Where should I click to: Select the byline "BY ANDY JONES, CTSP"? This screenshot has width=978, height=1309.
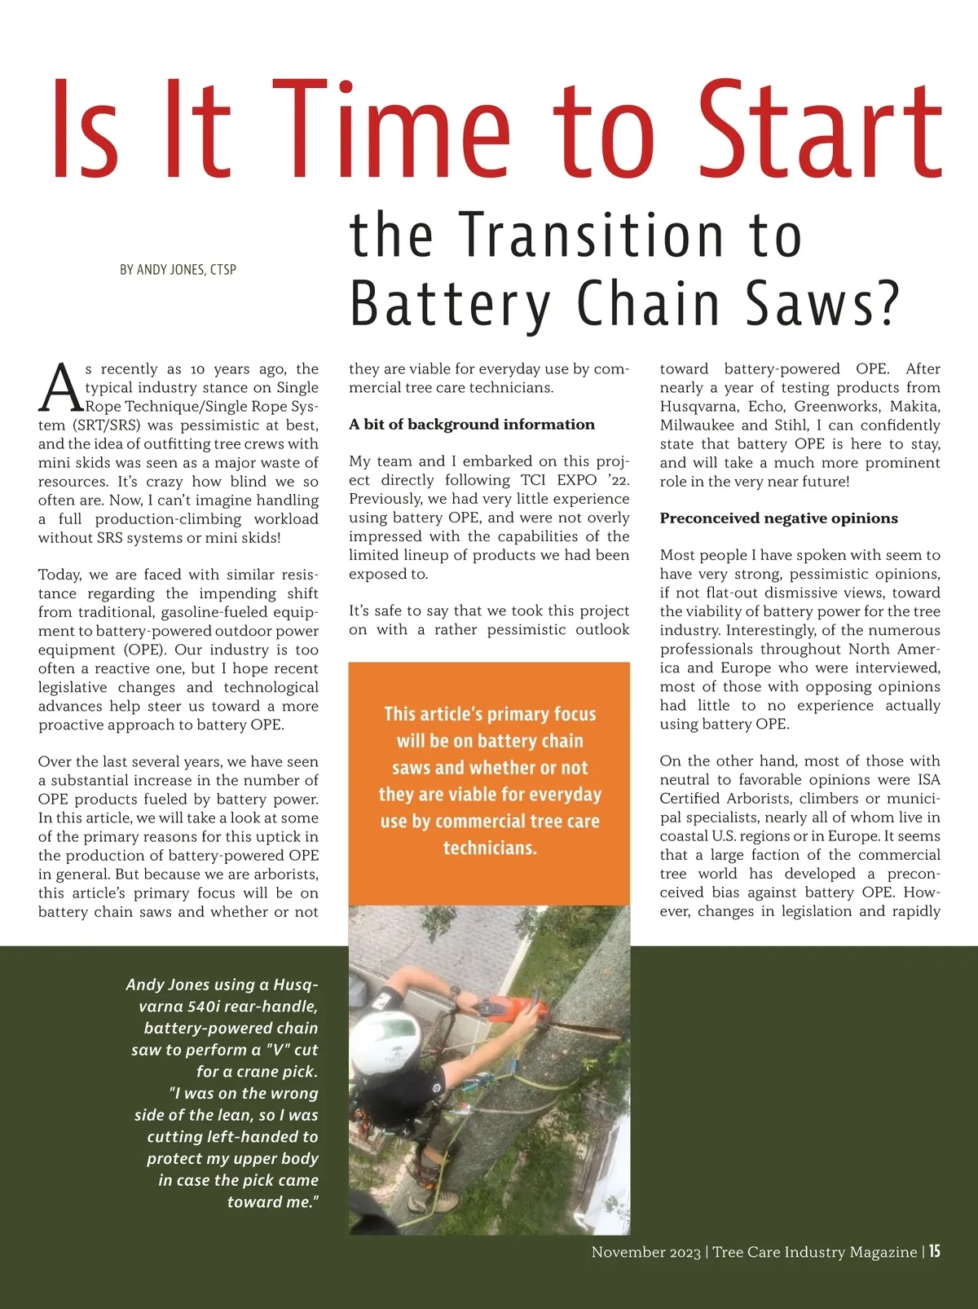(178, 270)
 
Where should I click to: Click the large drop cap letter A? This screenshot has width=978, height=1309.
(60, 390)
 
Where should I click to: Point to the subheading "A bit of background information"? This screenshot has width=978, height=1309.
(472, 425)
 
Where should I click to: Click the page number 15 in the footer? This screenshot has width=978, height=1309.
(934, 1251)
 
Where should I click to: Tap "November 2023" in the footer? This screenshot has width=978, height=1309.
(645, 1253)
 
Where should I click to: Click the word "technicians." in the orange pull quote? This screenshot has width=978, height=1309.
(490, 848)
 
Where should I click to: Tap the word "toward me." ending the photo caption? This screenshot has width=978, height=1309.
(272, 1202)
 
